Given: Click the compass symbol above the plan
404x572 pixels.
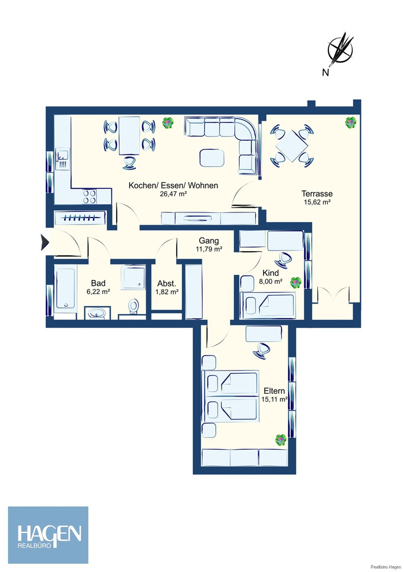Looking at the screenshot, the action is [x=341, y=48].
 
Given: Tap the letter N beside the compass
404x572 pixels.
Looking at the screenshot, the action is [x=326, y=73].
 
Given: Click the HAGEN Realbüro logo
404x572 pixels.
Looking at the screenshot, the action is [x=48, y=535].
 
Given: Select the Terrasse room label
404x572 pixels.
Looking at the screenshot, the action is [x=317, y=194].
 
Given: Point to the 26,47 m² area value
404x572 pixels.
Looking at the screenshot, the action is [x=173, y=194].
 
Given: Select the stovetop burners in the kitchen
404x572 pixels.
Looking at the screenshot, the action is [x=89, y=196].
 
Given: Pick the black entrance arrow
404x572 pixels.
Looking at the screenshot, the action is [x=44, y=242].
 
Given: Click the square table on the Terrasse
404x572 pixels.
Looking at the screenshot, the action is [x=292, y=146].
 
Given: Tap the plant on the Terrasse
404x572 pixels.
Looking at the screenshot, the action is [x=351, y=122].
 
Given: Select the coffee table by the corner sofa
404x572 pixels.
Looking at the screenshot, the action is [x=212, y=158].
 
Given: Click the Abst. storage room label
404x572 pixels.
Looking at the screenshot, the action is [x=167, y=284].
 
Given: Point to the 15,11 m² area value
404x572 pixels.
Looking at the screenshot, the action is [x=275, y=399].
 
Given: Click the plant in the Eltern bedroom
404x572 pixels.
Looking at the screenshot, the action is [x=280, y=440].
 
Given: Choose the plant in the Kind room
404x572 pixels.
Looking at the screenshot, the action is [x=295, y=282].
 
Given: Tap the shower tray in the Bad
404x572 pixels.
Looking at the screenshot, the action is [x=133, y=277].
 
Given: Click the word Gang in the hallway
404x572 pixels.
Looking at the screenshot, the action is [x=209, y=241].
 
